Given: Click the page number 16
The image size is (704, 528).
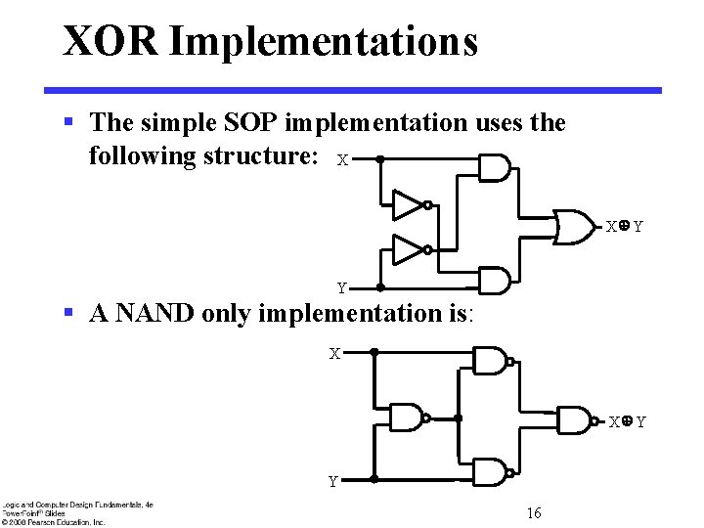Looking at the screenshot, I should tap(534, 513).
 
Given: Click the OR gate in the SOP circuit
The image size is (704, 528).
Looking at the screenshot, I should tap(575, 226).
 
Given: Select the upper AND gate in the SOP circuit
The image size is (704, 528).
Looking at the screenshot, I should tap(494, 168).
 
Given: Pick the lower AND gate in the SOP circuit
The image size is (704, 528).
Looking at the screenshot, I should tap(494, 282).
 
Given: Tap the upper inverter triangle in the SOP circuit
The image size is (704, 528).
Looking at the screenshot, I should tap(408, 204).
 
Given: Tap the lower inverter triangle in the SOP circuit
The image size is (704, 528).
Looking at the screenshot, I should tap(408, 250).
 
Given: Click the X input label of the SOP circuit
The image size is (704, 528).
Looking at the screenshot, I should tap(341, 159).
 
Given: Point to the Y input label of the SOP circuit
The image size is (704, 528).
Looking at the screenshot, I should tap(341, 288).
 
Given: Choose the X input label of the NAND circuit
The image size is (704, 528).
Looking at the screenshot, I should tap(334, 353).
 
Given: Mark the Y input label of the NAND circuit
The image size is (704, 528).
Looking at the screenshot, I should tap(333, 481).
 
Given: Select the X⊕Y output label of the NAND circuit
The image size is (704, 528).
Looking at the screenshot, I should tap(627, 422).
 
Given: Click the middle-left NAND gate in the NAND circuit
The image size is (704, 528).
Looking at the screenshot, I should tap(407, 418).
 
